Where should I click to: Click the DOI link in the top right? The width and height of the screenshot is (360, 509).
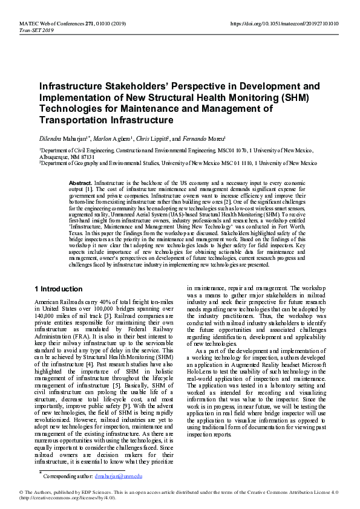[285, 24]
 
